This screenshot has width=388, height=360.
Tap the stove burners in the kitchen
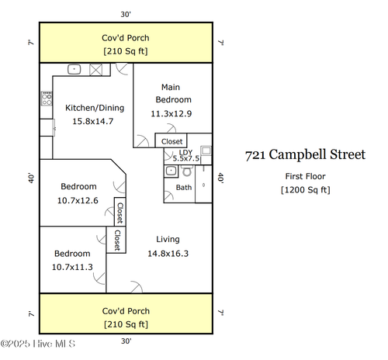pos(46,99)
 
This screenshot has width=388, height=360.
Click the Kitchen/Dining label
pos(93,109)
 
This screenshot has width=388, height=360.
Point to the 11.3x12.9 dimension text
pos(171,113)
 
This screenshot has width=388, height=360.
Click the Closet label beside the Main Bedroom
pos(171,141)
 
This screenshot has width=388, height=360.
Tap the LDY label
pos(185,152)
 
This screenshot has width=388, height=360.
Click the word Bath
pos(184,187)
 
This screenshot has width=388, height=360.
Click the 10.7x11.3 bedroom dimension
pos(72,267)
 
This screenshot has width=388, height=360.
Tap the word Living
pos(168,239)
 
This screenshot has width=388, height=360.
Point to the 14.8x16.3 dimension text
pos(168,253)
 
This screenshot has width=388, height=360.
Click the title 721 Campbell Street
pos(305,155)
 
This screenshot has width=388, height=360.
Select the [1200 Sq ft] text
pos(305,189)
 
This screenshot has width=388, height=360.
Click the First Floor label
pos(305,176)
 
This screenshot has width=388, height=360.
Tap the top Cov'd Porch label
pos(126,37)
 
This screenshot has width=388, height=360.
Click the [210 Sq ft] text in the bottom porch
pos(126,324)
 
